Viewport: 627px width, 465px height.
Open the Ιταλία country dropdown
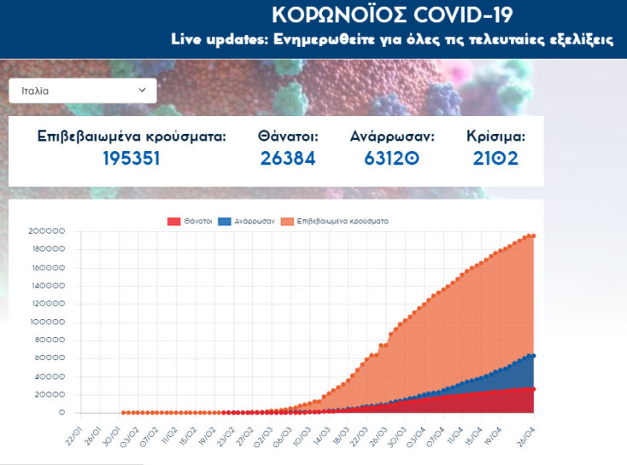pos(83,90)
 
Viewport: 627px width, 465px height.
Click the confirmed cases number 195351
pos(132,158)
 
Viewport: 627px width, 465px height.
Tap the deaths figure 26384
pos(288,158)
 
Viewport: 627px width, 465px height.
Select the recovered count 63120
pos(392,158)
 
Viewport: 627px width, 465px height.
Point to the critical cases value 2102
pos(495,158)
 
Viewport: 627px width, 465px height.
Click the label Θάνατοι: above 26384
pos(288,136)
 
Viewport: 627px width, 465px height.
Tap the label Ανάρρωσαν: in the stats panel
pos(392,136)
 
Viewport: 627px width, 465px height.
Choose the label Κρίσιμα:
pos(495,136)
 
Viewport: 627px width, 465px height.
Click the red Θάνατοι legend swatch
pos(173,221)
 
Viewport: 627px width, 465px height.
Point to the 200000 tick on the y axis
pos(46,231)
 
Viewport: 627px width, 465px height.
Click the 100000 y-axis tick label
pos(46,322)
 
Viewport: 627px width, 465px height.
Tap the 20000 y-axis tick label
pos(49,394)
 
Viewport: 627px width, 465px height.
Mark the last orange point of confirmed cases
pos(533,235)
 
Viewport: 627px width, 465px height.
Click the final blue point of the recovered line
pos(533,356)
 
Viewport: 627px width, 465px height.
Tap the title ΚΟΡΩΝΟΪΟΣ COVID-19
pos(393,15)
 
